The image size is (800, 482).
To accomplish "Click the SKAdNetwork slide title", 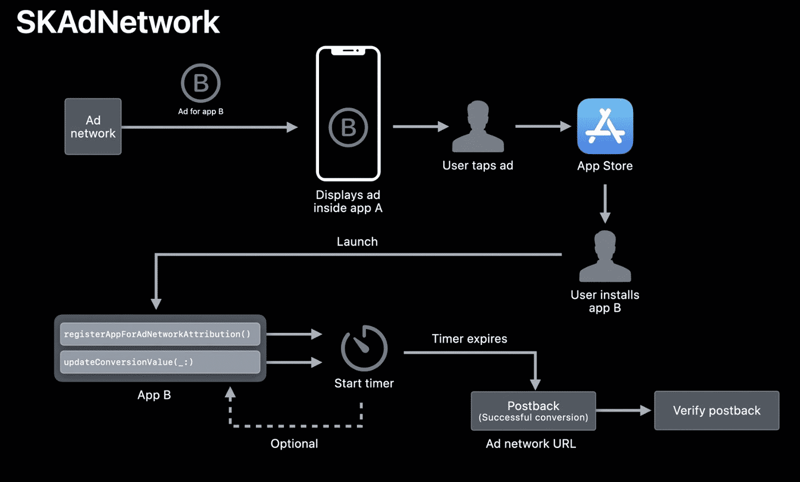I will pos(118,22).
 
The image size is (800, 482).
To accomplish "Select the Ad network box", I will pos(93,127).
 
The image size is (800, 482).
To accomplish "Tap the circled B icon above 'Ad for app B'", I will pos(200,83).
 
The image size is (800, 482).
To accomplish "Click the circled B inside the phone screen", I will pos(348,128).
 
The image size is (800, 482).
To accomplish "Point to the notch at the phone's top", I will pos(348,51).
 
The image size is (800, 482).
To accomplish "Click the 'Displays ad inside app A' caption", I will pos(348,201).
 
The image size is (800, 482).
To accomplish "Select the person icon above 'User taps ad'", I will pos(478,127).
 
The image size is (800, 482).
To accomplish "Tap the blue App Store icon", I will pos(605,126).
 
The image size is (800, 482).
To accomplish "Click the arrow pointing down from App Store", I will pos(605,203).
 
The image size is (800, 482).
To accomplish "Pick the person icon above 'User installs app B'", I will pos(605,256).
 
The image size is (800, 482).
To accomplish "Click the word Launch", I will pos(357,242).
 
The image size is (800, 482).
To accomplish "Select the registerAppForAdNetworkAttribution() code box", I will pos(160,334).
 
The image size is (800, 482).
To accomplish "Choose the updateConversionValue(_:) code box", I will pos(160,362).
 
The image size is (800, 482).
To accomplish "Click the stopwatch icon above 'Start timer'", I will pos(364,348).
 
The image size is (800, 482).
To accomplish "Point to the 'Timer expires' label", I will pos(469,339).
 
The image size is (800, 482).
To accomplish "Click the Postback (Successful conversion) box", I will pos(533,411).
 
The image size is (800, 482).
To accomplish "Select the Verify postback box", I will pos(717,411).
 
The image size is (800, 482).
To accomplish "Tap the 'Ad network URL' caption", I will pos(531,444).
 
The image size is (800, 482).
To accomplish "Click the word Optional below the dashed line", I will pos(294,444).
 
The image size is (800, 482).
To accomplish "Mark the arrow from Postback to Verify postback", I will pos(624,410).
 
